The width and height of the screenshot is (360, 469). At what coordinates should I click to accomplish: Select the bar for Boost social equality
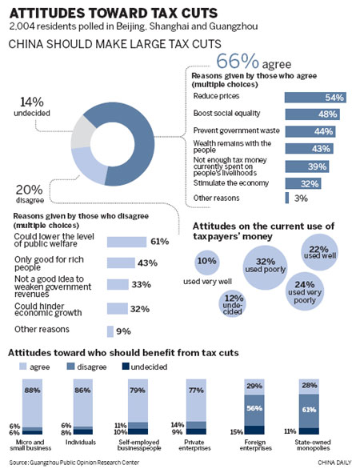[312, 114]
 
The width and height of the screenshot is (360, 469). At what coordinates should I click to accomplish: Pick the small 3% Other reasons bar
[287, 198]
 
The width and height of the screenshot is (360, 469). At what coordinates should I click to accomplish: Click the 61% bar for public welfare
[126, 242]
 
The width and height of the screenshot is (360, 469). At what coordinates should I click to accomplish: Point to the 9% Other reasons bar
[111, 330]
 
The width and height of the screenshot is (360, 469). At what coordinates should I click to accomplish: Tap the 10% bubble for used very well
[206, 262]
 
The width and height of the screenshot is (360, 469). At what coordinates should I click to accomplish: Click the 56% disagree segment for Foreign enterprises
[254, 408]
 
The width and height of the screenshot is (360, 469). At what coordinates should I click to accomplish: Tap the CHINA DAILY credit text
[330, 462]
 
